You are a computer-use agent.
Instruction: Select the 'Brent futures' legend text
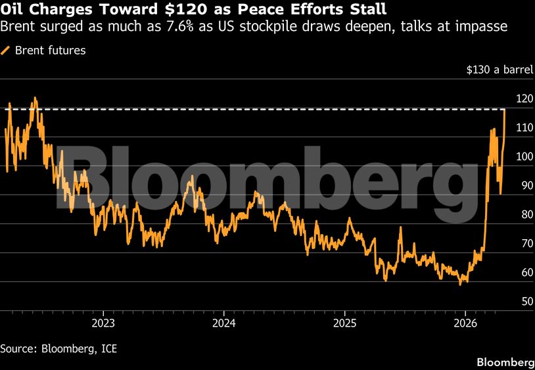51,51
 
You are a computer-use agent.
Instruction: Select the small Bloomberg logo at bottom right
504,362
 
